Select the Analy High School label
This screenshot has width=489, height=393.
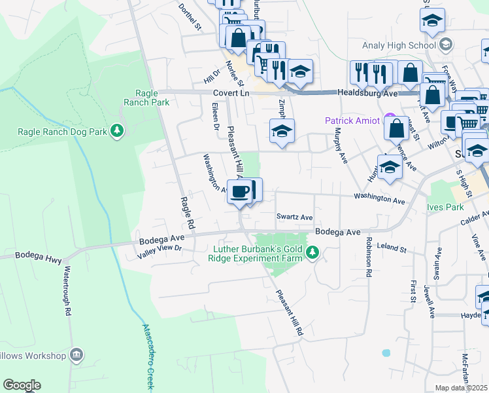click(x=399, y=45)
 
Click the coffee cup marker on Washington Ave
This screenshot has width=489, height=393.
click(x=240, y=191)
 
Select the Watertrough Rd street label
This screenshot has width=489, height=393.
click(x=65, y=290)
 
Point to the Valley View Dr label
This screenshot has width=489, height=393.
click(x=159, y=248)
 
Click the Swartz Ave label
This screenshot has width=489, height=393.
click(x=294, y=217)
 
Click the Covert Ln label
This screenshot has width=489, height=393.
click(x=231, y=94)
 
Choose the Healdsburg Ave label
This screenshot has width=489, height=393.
click(x=367, y=94)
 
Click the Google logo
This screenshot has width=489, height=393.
click(x=22, y=385)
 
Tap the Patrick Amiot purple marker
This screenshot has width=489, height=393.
click(x=391, y=120)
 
